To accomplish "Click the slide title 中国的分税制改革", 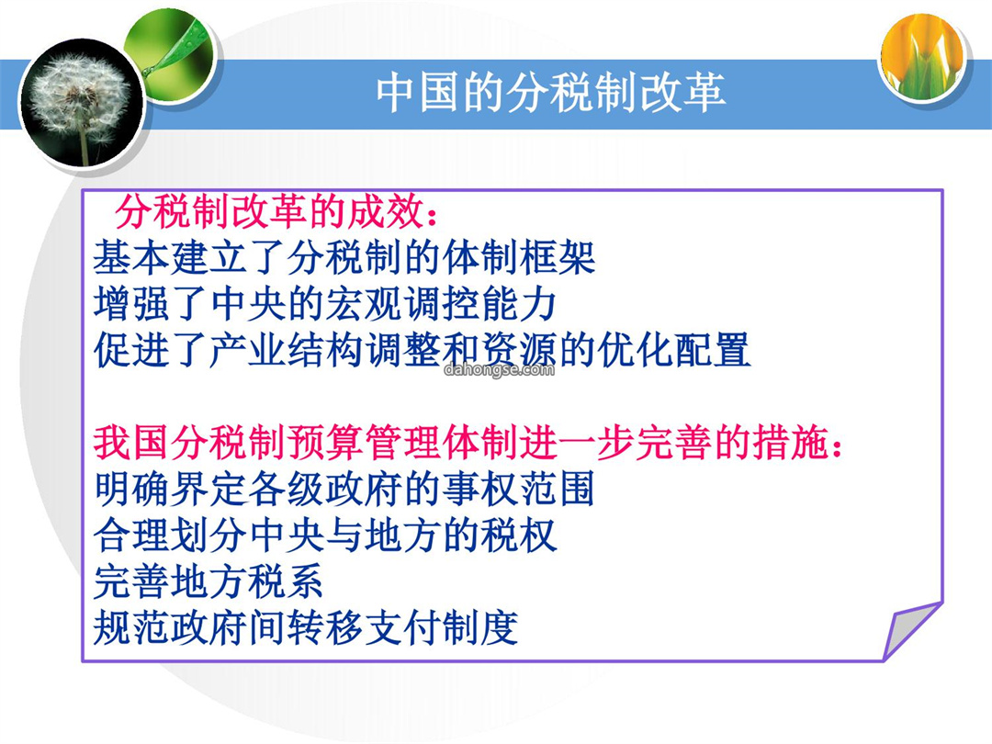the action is pos(550,93).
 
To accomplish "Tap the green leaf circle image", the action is pos(171,55).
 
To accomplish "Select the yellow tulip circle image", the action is pos(924,56).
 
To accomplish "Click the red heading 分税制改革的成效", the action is pos(276,212).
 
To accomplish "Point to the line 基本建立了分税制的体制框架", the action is pos(344,258).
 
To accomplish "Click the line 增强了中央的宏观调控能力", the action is pos(325,304).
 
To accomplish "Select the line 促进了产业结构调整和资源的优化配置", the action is pos(422,350).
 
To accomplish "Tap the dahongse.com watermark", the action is pos(499,369).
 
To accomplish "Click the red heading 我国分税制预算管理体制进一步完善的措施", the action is pos(468,442).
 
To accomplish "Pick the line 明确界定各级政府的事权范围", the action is pos(344,489).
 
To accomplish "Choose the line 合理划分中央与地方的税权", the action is pos(325,535).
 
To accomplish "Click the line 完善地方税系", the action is pos(209,581).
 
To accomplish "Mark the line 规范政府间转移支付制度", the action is pos(306,627).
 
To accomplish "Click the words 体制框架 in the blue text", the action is pos(519,258).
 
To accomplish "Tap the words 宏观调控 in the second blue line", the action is pos(402,304).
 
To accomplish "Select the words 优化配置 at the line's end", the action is pos(674,350).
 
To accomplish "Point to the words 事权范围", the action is pos(519,489).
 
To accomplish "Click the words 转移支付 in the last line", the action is pos(364,627).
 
